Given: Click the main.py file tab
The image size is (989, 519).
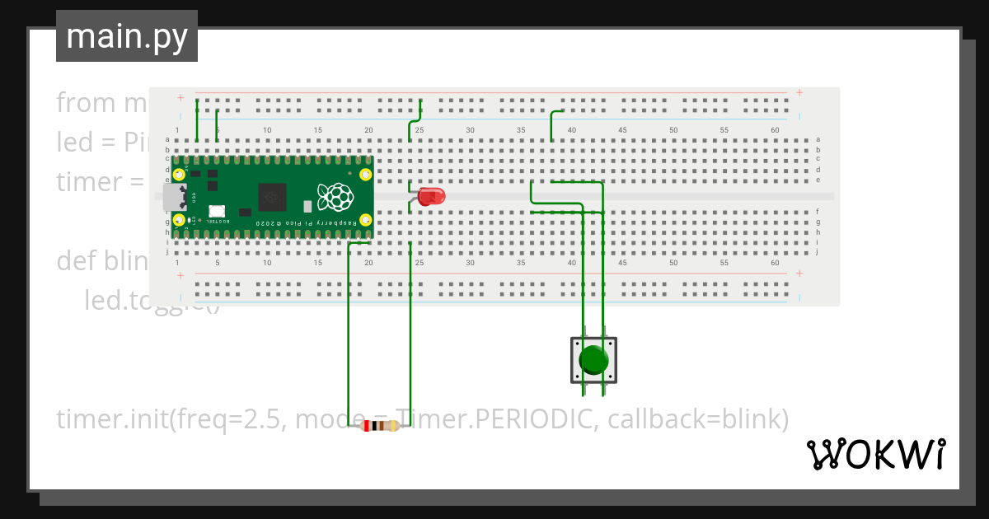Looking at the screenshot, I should tap(127, 36).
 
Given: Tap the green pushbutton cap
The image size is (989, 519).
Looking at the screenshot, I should tap(593, 360).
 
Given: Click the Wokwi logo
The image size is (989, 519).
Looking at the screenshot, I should tap(876, 454).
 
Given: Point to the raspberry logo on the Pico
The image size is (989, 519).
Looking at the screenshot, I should tap(335, 197).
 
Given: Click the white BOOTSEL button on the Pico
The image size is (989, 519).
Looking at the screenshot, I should tap(217, 212).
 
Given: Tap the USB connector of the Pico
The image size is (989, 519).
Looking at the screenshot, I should tap(174, 197).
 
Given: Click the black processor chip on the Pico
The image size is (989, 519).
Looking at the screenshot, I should tap(272, 197).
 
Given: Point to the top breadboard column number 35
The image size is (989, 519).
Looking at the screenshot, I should tap(521, 130).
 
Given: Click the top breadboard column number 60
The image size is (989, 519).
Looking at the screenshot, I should tap(776, 130).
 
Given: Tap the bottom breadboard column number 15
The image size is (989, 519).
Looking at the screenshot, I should tap(318, 263).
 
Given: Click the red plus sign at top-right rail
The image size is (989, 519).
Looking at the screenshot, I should tap(799, 92).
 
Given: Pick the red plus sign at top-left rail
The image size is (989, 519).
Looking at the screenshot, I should tap(180, 98).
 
